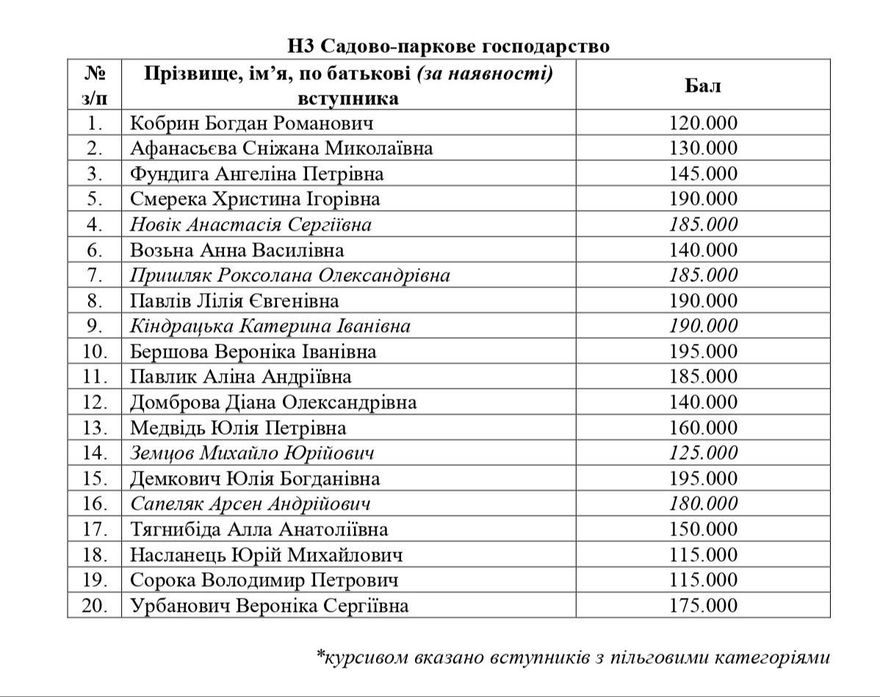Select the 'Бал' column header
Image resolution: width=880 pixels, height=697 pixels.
tap(703, 85)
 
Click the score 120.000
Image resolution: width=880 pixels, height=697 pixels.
tap(703, 123)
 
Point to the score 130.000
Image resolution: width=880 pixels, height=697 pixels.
tap(703, 148)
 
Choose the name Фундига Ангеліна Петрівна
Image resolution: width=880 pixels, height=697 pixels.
tap(256, 174)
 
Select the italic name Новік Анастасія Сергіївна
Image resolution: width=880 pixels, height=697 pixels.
tap(250, 225)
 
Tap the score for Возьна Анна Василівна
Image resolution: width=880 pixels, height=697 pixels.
tap(703, 250)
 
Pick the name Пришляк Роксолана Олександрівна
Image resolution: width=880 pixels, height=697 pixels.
tap(289, 275)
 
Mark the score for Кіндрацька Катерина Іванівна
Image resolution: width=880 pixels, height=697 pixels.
tap(703, 326)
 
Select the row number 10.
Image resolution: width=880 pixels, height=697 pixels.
tap(95, 352)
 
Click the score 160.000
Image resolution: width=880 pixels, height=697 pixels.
tap(703, 428)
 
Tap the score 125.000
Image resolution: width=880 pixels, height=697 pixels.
tap(703, 453)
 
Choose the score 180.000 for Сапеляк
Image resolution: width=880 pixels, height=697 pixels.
tap(703, 504)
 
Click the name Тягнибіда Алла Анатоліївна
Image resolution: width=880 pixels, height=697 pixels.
tap(259, 530)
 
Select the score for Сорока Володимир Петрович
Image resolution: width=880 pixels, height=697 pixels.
tap(703, 580)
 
